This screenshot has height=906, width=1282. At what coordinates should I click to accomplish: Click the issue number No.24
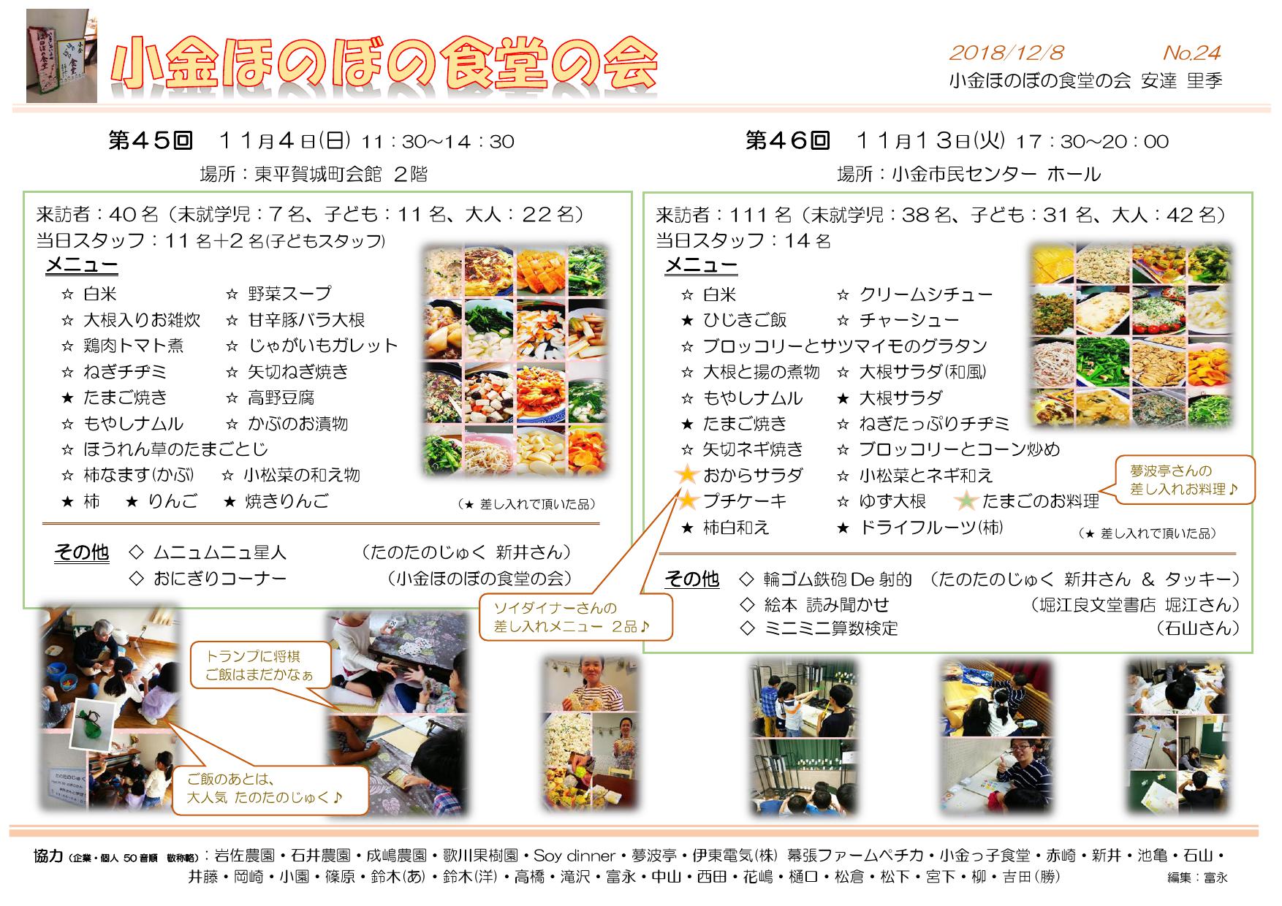(x=1191, y=53)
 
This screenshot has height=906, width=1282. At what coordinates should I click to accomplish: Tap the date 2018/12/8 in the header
(x=1006, y=53)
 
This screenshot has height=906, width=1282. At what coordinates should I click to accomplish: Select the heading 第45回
(x=150, y=140)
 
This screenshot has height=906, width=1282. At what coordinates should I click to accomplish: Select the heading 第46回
(x=788, y=140)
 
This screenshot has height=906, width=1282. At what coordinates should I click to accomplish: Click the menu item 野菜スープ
(x=289, y=294)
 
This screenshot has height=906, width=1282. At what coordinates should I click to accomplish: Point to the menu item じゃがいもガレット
(x=322, y=346)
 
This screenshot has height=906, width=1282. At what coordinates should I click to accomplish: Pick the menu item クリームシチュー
(x=926, y=294)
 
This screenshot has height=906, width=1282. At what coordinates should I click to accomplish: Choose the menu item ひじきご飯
(x=745, y=320)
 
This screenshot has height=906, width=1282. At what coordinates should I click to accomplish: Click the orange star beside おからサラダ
(x=687, y=475)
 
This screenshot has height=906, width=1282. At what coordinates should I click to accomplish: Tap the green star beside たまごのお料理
(x=967, y=500)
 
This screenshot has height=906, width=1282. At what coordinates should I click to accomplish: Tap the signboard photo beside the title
(x=61, y=56)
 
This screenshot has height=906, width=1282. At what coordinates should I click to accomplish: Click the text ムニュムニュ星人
(x=220, y=552)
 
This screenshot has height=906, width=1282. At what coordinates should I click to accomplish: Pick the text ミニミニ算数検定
(x=831, y=628)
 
